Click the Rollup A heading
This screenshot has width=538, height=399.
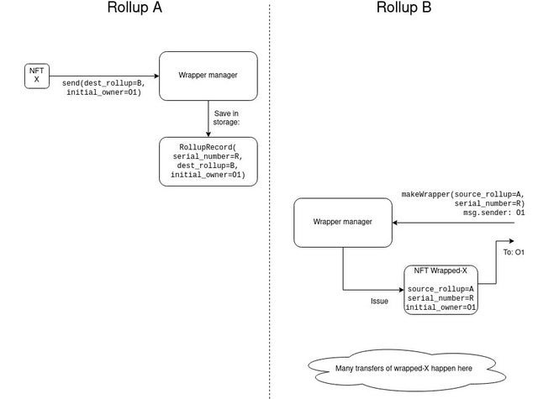point(134,8)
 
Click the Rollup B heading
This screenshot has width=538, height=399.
point(403,8)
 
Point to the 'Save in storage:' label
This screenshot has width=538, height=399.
point(226,118)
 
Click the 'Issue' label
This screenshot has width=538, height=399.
point(379,302)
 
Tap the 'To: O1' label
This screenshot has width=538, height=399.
point(514,252)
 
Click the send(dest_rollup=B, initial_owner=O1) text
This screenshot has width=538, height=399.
point(103,87)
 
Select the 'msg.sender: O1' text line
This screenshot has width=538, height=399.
point(493,213)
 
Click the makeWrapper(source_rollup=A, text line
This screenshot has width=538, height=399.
point(463,194)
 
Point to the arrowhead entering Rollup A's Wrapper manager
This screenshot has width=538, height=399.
point(157,76)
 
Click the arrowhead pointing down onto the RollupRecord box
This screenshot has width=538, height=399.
point(208,134)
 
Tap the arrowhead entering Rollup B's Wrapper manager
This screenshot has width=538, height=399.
point(395,223)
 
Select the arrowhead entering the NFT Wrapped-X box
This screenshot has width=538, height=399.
point(401,290)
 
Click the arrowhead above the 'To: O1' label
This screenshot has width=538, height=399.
point(511,241)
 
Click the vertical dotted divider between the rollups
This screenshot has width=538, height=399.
point(270,202)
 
